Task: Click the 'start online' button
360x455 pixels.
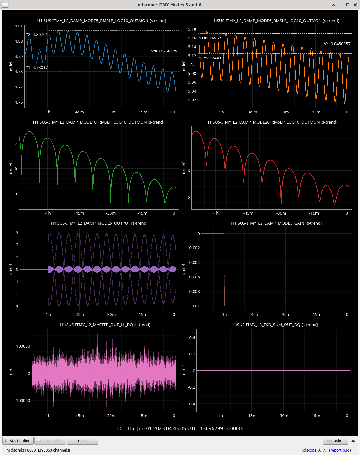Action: (18, 440)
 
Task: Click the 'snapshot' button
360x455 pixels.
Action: (335, 440)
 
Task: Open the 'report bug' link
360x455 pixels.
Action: (340, 450)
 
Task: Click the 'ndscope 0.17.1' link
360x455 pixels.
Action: (315, 450)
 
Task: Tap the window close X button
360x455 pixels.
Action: (355, 5)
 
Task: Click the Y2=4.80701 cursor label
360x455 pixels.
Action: (37, 35)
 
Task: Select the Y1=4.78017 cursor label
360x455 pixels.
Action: (37, 67)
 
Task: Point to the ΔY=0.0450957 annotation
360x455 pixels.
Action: (337, 44)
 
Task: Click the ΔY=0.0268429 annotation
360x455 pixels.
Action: (164, 51)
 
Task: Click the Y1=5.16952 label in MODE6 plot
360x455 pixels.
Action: (210, 38)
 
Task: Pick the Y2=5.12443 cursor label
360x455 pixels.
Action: (210, 58)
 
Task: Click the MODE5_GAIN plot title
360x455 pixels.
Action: (276, 223)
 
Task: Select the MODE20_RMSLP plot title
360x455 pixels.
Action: (272, 122)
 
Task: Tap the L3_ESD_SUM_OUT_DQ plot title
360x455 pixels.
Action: (274, 325)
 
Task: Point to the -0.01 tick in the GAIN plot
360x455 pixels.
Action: (195, 306)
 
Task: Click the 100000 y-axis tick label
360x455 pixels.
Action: (23, 346)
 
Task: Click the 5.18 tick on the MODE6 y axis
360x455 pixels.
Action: (192, 29)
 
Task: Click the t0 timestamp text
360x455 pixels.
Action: (180, 428)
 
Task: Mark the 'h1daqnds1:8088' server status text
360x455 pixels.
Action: (21, 450)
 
